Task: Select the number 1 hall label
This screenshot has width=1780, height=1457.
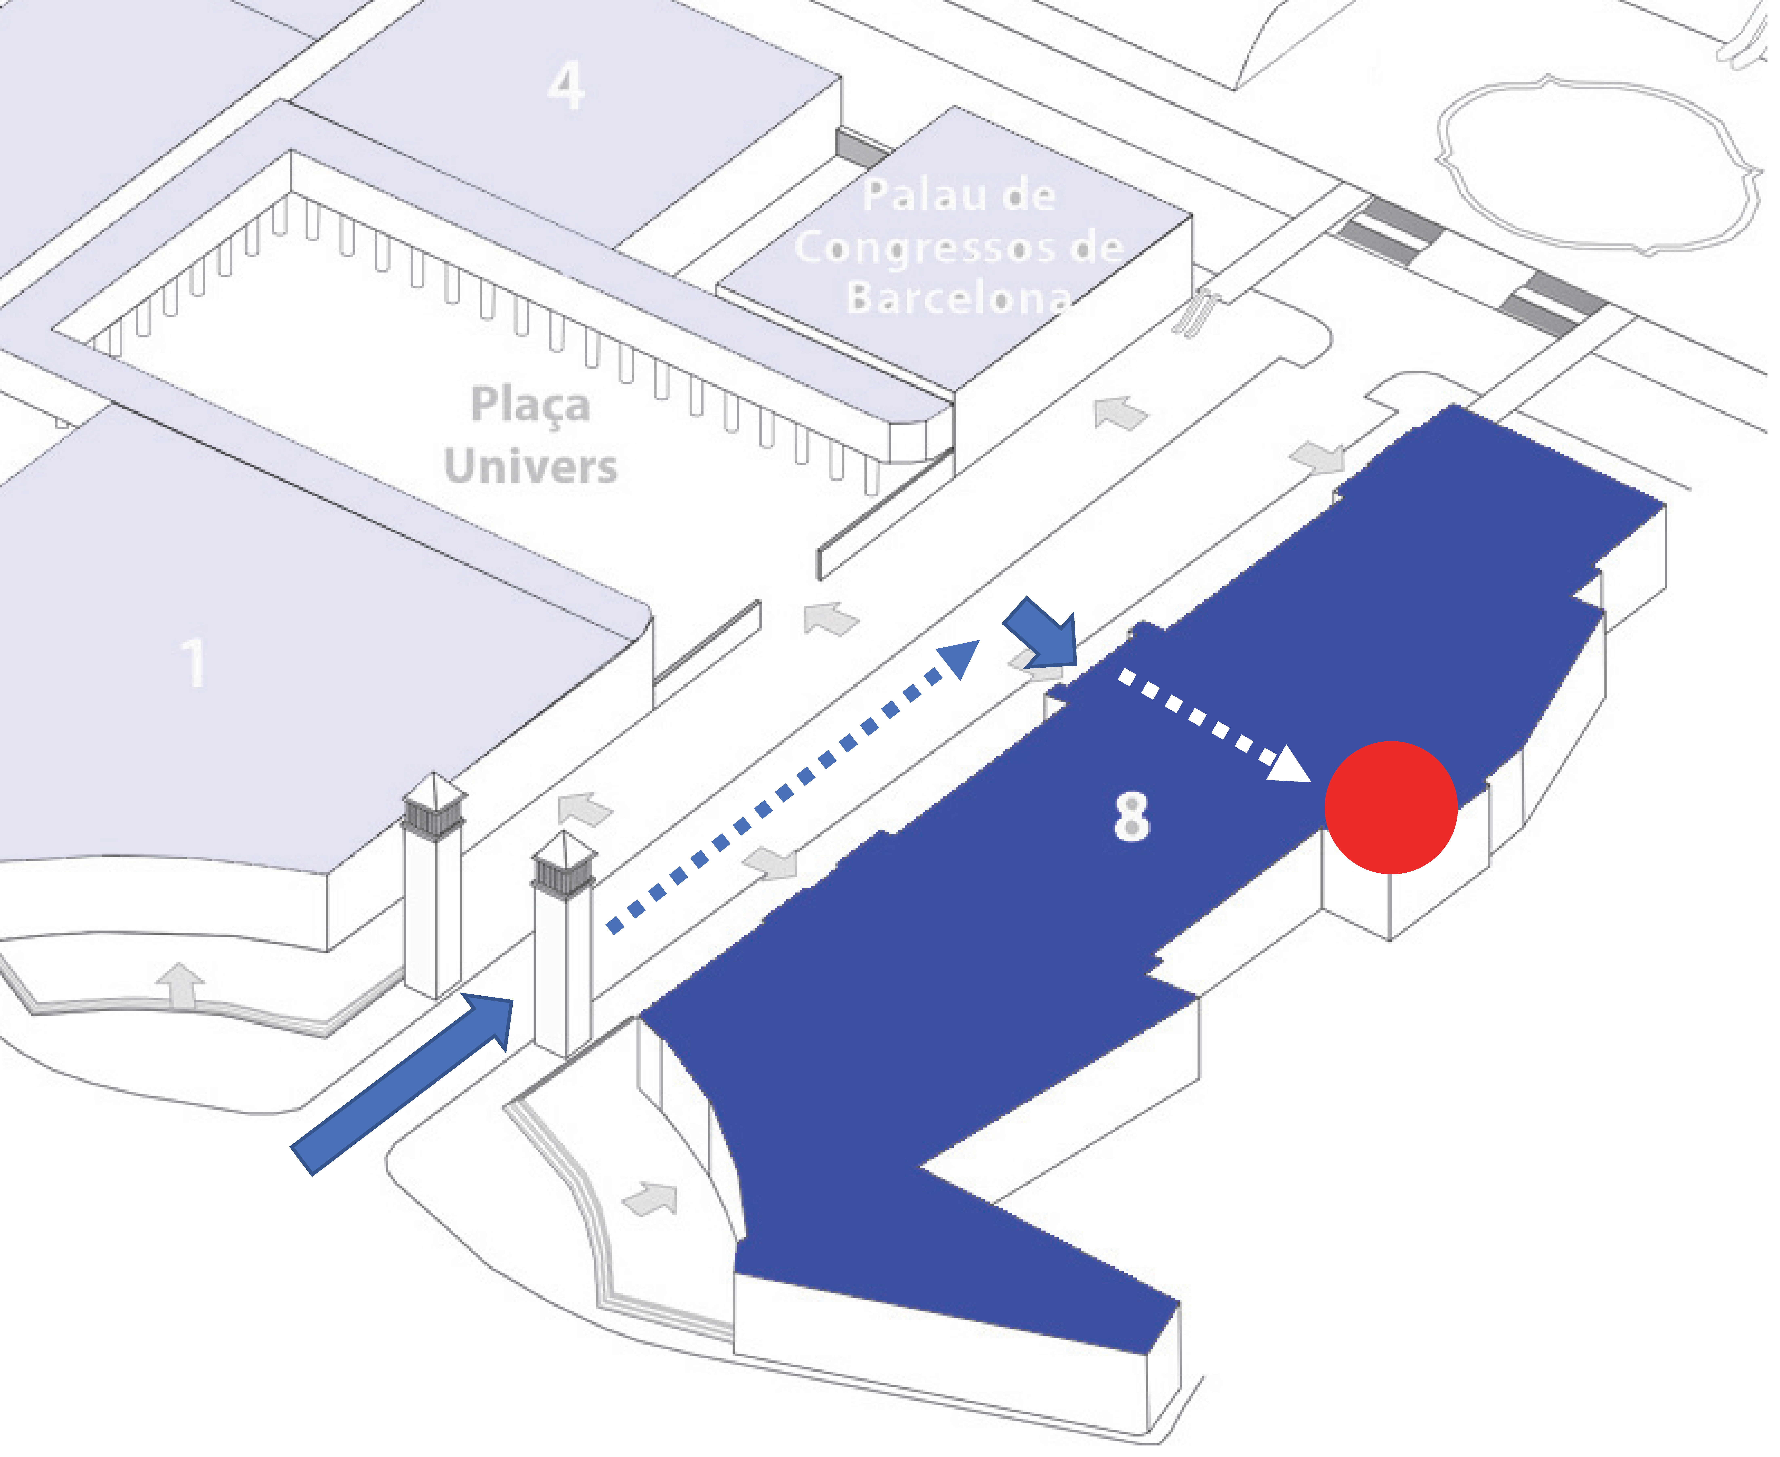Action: point(194,663)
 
